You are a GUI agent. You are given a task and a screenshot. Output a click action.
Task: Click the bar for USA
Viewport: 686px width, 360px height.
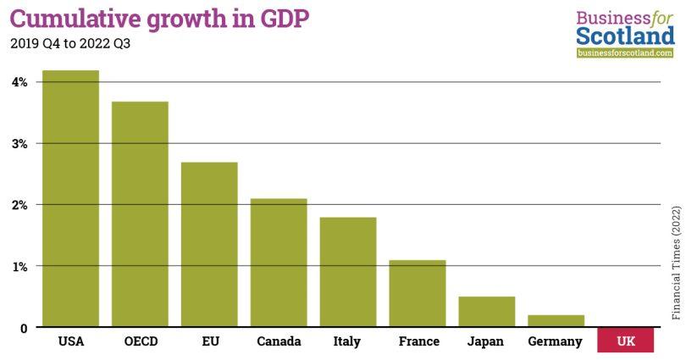70,199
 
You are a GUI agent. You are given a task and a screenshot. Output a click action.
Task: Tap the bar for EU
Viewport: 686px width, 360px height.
209,245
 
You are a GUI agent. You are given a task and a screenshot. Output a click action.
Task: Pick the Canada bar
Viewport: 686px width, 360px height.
279,263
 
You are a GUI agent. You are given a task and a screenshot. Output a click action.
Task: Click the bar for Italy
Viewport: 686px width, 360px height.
348,272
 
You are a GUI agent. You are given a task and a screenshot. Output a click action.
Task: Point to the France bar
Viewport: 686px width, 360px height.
418,293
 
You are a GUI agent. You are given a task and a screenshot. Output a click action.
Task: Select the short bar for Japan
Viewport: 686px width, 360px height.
487,312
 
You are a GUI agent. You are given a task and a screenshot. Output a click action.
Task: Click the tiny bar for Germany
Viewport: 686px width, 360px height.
556,321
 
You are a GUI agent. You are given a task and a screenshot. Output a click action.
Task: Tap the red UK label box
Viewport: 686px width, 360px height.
625,341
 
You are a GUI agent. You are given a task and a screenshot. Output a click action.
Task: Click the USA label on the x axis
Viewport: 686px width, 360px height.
70,342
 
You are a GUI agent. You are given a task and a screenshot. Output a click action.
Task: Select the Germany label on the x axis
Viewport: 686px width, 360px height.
555,342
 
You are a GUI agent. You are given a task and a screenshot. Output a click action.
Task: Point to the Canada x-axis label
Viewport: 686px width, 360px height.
279,342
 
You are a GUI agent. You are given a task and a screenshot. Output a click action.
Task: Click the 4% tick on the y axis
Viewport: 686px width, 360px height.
19,82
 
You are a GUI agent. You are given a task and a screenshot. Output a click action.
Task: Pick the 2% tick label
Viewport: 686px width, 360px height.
19,205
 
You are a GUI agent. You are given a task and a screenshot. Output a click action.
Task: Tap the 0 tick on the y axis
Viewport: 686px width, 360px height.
24,328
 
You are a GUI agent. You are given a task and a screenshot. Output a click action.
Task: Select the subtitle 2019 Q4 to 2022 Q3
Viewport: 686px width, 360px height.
70,44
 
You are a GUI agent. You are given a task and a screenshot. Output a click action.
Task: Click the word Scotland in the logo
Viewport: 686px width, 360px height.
624,36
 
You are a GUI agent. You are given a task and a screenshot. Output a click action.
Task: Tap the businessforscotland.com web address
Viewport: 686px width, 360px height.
625,53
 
